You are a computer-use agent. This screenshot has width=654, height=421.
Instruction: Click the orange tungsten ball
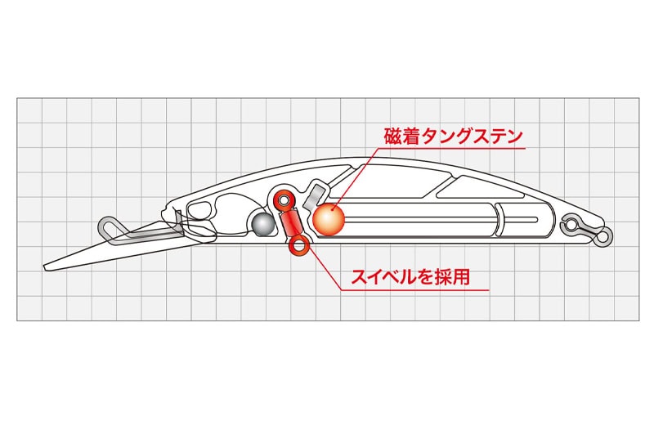tap(329, 219)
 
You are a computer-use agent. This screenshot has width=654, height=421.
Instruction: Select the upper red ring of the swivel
tap(284, 201)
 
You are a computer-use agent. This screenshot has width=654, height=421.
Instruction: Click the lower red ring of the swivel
tap(298, 246)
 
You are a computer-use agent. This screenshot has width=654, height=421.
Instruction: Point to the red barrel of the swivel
tap(291, 224)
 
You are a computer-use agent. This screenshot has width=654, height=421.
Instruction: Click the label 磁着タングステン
tap(454, 136)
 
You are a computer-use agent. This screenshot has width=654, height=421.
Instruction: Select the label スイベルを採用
tap(411, 276)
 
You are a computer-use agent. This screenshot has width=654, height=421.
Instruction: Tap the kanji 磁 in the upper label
tap(392, 136)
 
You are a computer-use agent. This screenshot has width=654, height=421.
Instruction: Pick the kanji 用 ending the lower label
tap(462, 277)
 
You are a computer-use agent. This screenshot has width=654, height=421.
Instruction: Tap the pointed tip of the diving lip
tap(44, 267)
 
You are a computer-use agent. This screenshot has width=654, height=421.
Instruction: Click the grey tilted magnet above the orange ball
tap(316, 196)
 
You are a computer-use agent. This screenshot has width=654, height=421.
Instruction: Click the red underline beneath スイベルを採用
tap(415, 290)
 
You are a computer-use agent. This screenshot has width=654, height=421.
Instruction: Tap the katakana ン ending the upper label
tap(514, 137)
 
